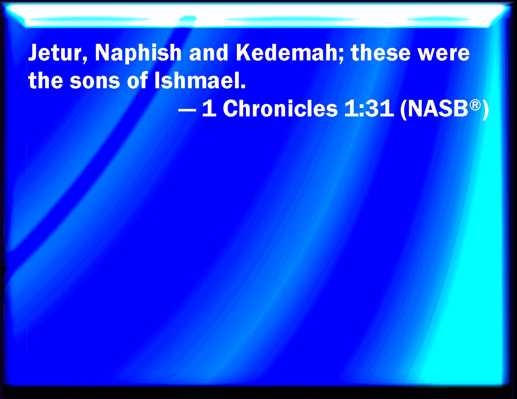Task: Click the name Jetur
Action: tap(55, 53)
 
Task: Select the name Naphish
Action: tap(138, 54)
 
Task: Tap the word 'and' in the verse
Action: tap(209, 53)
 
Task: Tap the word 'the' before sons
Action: tap(45, 80)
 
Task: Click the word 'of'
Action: tap(137, 80)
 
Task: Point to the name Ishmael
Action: tap(197, 80)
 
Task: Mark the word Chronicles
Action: tap(280, 108)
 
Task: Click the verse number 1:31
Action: tap(369, 109)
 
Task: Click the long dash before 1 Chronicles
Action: tap(187, 110)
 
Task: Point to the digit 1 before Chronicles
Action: tap(209, 109)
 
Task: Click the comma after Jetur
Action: tap(85, 60)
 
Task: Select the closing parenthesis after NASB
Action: tap(485, 110)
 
